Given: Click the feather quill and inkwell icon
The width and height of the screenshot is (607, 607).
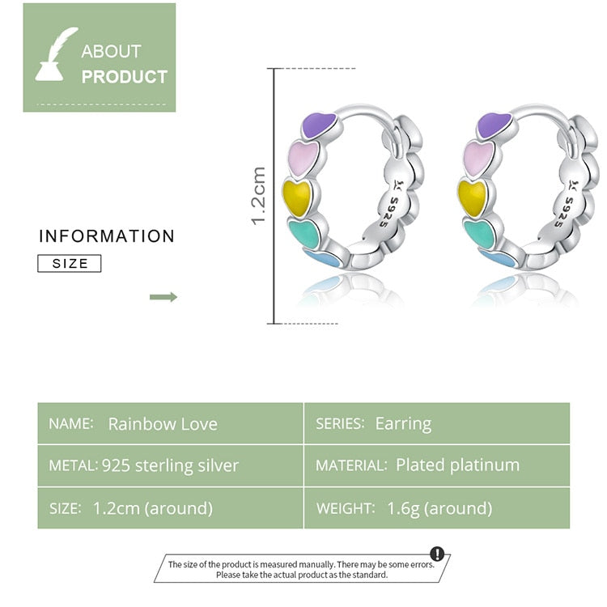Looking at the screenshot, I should [56, 55].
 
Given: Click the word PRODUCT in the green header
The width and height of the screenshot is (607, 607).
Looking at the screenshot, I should [125, 78].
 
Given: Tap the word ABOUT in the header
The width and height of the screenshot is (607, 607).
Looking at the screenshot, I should [111, 51].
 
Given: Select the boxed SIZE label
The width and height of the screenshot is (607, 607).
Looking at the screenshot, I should [70, 263].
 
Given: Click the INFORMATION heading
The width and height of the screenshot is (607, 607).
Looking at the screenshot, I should [107, 236].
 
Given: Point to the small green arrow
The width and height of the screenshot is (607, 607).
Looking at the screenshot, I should [163, 297].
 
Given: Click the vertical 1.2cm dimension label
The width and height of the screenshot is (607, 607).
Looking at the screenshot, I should [259, 195].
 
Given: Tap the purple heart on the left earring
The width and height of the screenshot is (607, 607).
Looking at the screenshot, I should [319, 125].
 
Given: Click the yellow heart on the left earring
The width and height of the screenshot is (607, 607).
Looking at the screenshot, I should [297, 196].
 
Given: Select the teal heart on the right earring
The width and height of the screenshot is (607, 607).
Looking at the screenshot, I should [480, 233].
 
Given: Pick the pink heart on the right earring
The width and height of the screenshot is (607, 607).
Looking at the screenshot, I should [480, 158].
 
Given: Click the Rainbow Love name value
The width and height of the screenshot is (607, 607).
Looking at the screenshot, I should [163, 424].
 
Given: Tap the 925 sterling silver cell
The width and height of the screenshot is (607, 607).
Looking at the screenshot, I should [171, 465].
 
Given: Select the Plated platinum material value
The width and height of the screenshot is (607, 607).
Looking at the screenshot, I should [457, 465].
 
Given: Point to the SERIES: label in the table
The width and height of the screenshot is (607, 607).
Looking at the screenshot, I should [340, 424].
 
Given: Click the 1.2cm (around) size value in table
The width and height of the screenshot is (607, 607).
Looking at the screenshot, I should [153, 508].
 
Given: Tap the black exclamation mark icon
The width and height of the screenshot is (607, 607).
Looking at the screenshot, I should [437, 554].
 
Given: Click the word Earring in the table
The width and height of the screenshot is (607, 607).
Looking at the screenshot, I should [403, 423].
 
